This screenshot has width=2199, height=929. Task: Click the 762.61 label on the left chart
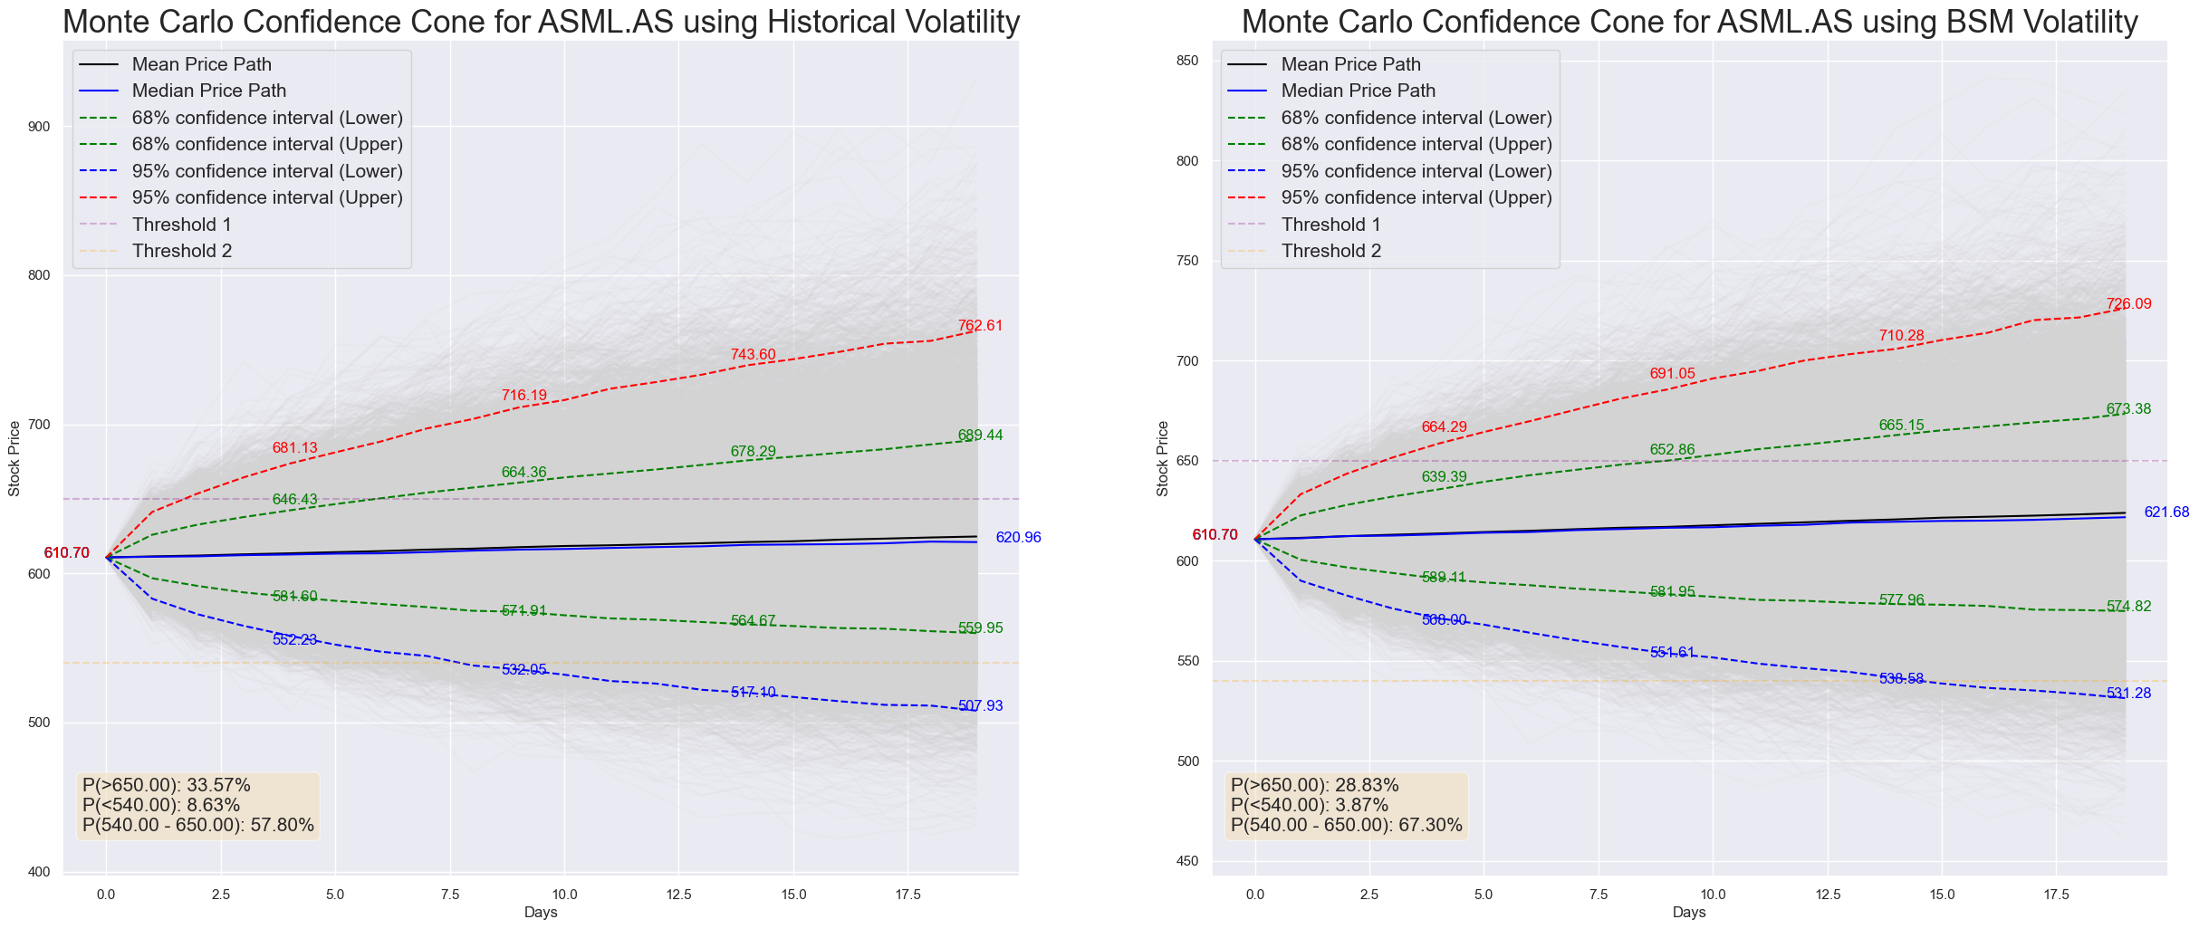click(x=980, y=326)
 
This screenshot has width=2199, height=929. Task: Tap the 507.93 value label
click(x=980, y=706)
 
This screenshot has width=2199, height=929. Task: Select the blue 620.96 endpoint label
click(x=1018, y=538)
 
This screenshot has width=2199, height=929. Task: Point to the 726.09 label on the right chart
click(x=2128, y=304)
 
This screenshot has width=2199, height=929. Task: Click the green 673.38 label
click(x=2128, y=409)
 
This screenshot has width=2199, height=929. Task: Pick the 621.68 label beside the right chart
click(x=2166, y=512)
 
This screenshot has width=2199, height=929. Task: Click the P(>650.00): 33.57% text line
click(x=166, y=785)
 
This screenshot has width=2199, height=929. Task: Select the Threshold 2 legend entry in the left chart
click(x=181, y=251)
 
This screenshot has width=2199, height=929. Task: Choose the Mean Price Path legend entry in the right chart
click(x=1350, y=64)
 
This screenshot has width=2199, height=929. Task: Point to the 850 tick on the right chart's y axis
click(x=1187, y=61)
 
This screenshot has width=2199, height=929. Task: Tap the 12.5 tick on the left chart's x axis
click(x=678, y=895)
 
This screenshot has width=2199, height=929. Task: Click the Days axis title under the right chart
click(x=1689, y=913)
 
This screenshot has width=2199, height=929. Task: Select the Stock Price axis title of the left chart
click(x=14, y=459)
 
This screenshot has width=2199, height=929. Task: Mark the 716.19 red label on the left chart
click(x=524, y=396)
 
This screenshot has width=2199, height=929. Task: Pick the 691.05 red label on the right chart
click(x=1672, y=374)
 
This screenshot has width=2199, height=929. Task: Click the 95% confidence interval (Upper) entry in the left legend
click(x=266, y=197)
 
